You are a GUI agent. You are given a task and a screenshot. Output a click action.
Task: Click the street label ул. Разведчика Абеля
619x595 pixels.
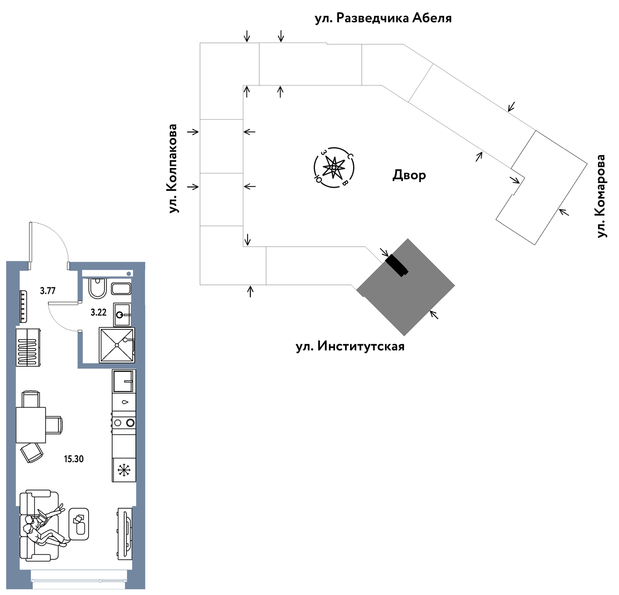pos(383,18)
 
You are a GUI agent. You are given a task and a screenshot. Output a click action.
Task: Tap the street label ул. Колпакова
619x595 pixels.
pos(173,168)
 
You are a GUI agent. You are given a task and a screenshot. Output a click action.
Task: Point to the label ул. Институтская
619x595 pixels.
pos(350,346)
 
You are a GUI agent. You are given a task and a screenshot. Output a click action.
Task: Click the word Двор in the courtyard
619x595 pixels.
pos(409,175)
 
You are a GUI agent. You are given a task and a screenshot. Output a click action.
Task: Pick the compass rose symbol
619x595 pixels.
pos(333,168)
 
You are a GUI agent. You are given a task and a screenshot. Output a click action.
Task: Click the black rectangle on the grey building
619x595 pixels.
pos(397,265)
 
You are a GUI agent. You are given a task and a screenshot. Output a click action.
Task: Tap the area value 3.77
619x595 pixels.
pos(48,290)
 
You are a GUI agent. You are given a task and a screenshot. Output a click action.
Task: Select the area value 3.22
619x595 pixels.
pos(98,312)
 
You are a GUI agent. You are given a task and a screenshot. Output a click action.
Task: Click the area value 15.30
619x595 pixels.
pos(74,459)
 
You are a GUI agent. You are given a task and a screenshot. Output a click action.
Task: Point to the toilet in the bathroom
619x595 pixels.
pos(97,288)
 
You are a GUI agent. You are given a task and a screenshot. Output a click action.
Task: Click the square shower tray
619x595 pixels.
pos(117,345)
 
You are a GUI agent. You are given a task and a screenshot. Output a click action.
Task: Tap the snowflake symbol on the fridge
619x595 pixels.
pos(124,470)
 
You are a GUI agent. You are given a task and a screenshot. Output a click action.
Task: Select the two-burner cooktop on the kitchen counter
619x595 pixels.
pos(124,423)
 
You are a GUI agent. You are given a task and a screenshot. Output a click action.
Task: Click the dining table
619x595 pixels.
pos(31,425)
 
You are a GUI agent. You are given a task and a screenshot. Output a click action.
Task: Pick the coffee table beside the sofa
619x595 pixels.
pos(79,524)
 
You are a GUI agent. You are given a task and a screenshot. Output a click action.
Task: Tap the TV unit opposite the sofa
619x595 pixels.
pos(125,533)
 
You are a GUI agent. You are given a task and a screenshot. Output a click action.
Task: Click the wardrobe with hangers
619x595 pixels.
pos(28,347)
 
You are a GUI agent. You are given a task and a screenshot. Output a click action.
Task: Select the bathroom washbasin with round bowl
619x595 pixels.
pos(122,315)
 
